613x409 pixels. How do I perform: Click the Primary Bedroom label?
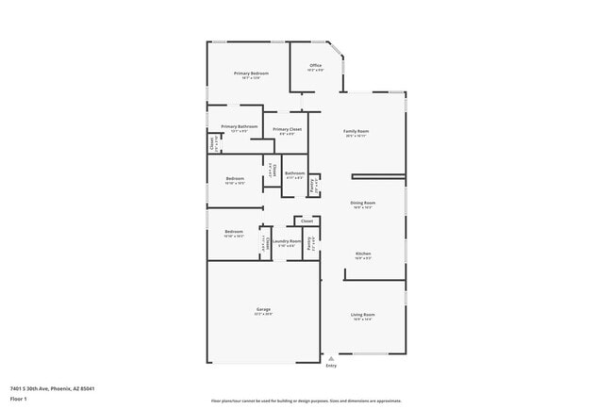[252, 74]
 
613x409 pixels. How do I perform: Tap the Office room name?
[316, 65]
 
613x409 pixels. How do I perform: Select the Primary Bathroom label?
[240, 126]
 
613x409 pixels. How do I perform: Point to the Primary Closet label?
[288, 128]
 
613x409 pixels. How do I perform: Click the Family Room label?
[356, 131]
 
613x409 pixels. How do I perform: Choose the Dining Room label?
[363, 203]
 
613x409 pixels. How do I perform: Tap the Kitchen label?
[363, 254]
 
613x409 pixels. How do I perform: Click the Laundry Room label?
[288, 241]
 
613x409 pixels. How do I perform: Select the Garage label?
[264, 309]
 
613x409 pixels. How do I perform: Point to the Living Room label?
[363, 314]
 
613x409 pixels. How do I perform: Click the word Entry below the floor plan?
[331, 366]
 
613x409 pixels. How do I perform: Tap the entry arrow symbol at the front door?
[331, 359]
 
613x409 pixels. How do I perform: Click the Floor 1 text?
[19, 399]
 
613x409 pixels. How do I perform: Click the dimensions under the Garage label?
[264, 315]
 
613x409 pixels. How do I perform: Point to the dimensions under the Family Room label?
[356, 137]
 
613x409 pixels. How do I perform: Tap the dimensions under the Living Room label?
[363, 319]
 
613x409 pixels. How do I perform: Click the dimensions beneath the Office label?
[316, 70]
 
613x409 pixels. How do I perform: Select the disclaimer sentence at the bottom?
[306, 401]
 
